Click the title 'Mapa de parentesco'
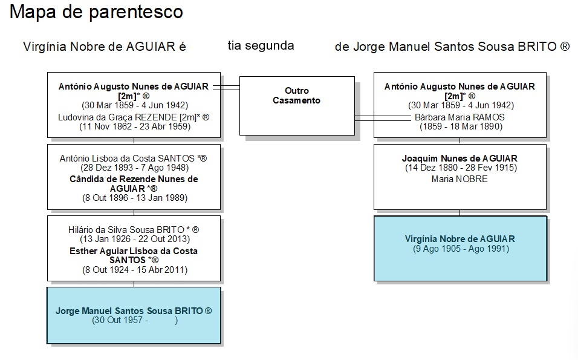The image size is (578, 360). point(96,12)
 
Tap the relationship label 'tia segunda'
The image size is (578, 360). point(261,46)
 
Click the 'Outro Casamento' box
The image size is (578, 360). point(297,106)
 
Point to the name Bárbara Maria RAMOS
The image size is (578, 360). point(459,117)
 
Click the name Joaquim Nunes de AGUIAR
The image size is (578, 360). point(459,159)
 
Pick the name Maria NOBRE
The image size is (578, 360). point(459,179)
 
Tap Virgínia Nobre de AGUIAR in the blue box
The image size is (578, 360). point(460,238)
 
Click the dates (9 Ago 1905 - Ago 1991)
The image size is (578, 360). point(461,249)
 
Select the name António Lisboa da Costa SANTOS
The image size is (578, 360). point(127,159)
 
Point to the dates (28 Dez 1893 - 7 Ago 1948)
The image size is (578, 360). point(135,168)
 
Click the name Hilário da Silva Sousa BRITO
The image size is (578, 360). point(126,230)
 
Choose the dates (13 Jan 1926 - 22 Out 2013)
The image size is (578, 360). point(135,239)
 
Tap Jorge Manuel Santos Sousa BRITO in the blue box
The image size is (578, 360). point(129,311)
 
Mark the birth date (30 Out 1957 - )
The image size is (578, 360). point(135,320)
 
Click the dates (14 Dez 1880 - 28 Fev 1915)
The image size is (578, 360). point(461,168)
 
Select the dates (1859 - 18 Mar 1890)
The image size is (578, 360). point(461,126)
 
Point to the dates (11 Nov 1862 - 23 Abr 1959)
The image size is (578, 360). point(135,126)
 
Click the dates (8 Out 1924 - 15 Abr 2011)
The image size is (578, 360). point(135,270)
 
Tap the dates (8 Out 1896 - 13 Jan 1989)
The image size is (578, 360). point(135,198)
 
